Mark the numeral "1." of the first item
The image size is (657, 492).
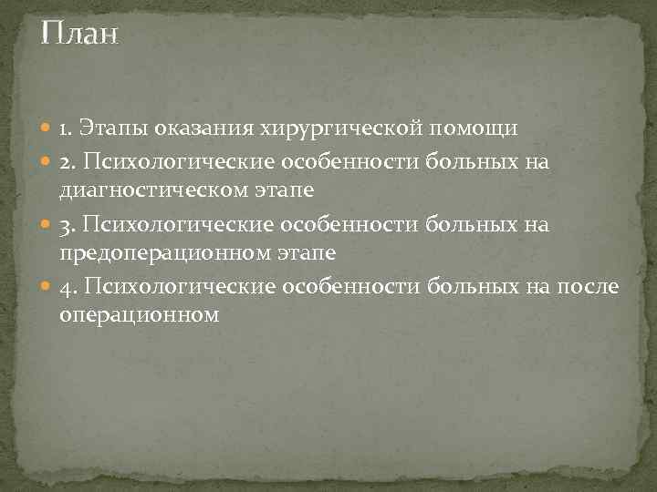click(x=67, y=129)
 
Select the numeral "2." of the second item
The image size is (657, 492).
click(x=68, y=161)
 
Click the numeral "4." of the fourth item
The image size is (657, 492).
click(x=68, y=289)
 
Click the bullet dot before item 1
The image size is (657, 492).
click(x=47, y=129)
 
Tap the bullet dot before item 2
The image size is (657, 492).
click(x=47, y=161)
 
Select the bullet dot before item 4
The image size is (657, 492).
click(x=47, y=289)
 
